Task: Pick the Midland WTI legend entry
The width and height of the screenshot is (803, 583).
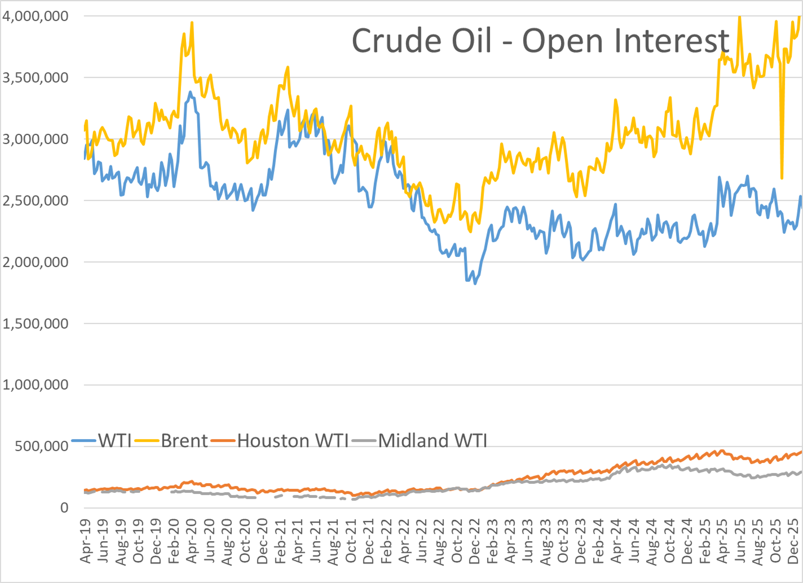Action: pyautogui.click(x=432, y=441)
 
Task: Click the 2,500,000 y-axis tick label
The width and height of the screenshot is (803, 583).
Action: pyautogui.click(x=35, y=201)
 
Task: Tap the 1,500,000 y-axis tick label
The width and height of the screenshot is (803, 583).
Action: pyautogui.click(x=35, y=324)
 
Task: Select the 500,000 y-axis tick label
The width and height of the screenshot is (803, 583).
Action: pyautogui.click(x=41, y=446)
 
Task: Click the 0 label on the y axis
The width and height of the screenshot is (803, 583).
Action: pyautogui.click(x=64, y=507)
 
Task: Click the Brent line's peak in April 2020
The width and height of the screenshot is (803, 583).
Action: pyautogui.click(x=192, y=23)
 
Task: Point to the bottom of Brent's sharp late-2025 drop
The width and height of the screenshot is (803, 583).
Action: pyautogui.click(x=782, y=178)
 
